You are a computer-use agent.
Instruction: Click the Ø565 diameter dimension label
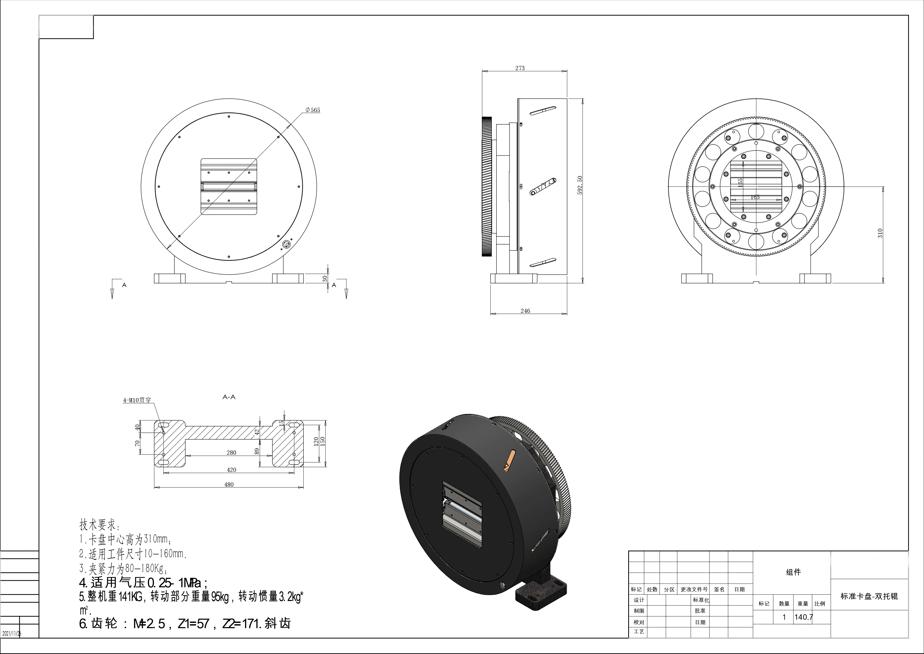313,110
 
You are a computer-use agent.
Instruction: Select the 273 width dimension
520,68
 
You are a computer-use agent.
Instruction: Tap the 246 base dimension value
525,311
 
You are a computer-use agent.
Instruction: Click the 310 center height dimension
880,233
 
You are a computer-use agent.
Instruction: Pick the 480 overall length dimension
229,485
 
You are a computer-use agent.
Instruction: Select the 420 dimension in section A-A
232,469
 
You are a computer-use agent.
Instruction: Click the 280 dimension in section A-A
232,453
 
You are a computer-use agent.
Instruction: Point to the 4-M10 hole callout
137,400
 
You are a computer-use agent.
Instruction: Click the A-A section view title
229,397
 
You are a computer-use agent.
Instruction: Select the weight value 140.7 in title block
803,617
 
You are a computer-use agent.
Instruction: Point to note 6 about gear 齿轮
185,624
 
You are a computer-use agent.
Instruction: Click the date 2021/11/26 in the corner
11,633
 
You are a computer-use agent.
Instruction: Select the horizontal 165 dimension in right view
755,197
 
